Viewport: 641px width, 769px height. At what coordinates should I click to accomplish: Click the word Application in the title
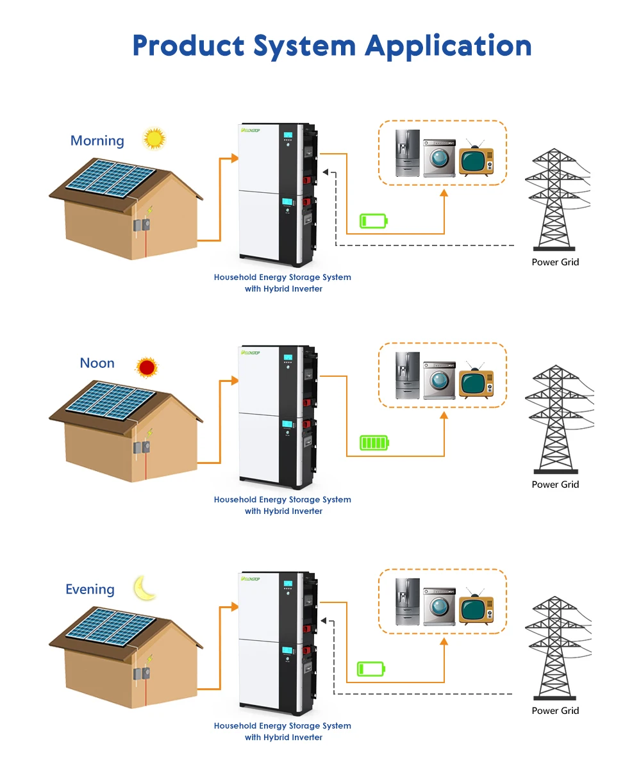(448, 46)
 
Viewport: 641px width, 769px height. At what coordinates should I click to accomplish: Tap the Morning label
(97, 140)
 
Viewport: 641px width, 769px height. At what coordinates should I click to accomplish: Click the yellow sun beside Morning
(154, 138)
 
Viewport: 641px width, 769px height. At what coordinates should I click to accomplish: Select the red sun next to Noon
(147, 367)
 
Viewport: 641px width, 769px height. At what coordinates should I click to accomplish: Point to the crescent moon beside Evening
(146, 588)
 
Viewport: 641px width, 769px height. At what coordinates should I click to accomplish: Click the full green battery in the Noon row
(374, 443)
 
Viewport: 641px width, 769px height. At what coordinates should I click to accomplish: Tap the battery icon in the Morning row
(374, 221)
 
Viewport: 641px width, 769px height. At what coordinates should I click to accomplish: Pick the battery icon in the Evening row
(371, 669)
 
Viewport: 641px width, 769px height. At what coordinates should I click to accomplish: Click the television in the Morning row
(476, 159)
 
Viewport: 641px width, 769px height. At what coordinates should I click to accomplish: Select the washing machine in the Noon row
(439, 380)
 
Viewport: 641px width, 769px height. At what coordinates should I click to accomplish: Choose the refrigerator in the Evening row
(407, 602)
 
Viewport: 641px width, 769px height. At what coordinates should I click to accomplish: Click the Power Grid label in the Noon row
(555, 484)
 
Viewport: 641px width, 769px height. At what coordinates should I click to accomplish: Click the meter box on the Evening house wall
(142, 674)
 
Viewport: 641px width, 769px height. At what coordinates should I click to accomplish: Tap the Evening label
(90, 590)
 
